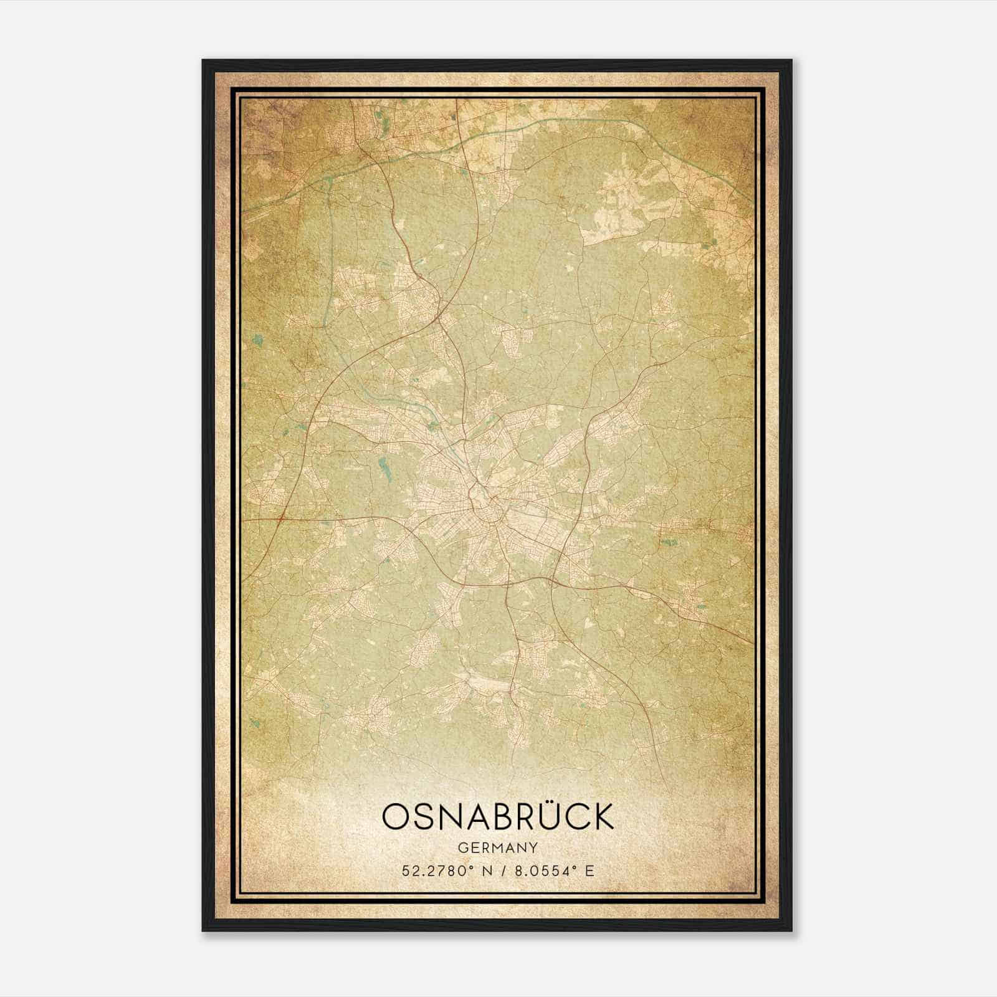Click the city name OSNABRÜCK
[x=498, y=816]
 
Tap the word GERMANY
[x=498, y=847]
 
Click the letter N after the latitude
[x=484, y=871]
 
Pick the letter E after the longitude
[x=589, y=871]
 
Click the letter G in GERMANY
[x=462, y=847]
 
